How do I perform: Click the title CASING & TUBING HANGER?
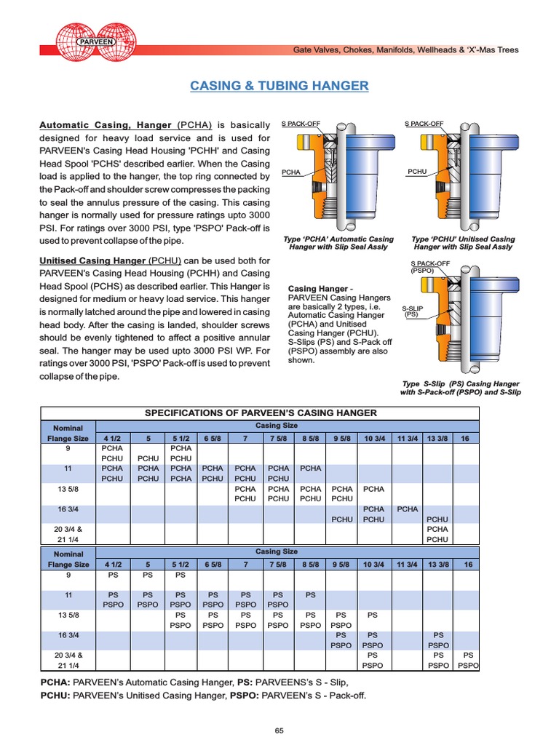279,86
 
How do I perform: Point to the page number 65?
279,730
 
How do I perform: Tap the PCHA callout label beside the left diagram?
292,172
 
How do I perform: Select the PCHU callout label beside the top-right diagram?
417,172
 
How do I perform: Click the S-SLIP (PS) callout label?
413,311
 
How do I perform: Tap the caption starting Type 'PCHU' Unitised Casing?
463,243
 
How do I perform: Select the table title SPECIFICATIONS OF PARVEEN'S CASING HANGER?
261,413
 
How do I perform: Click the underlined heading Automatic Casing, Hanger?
105,124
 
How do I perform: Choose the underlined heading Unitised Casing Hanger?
92,260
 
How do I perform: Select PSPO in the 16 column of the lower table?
468,665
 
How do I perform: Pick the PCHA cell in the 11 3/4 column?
408,509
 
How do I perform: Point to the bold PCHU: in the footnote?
55,696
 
